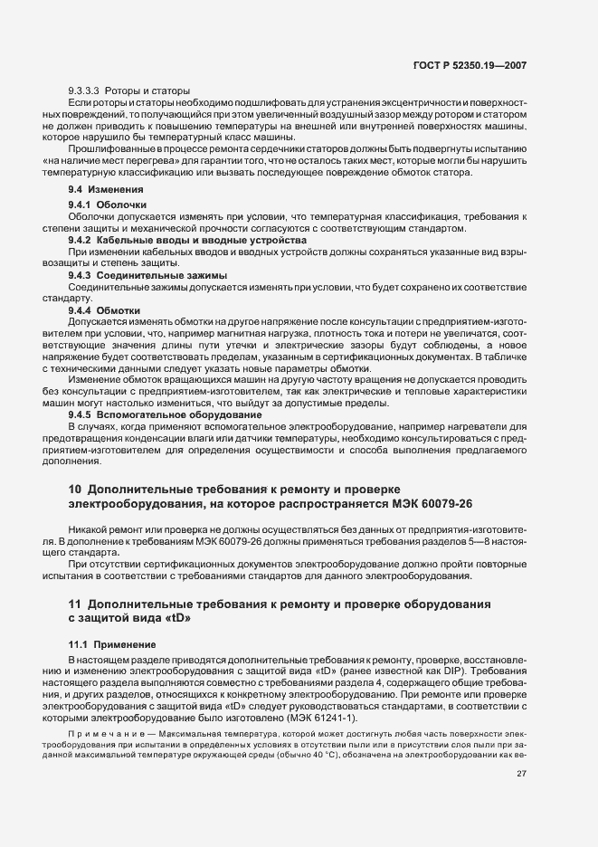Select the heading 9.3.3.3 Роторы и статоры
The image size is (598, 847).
[x=128, y=91]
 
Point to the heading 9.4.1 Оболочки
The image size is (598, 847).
[x=101, y=205]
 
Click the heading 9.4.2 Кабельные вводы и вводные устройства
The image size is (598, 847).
[x=187, y=240]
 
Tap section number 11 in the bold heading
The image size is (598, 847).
[x=75, y=603]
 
